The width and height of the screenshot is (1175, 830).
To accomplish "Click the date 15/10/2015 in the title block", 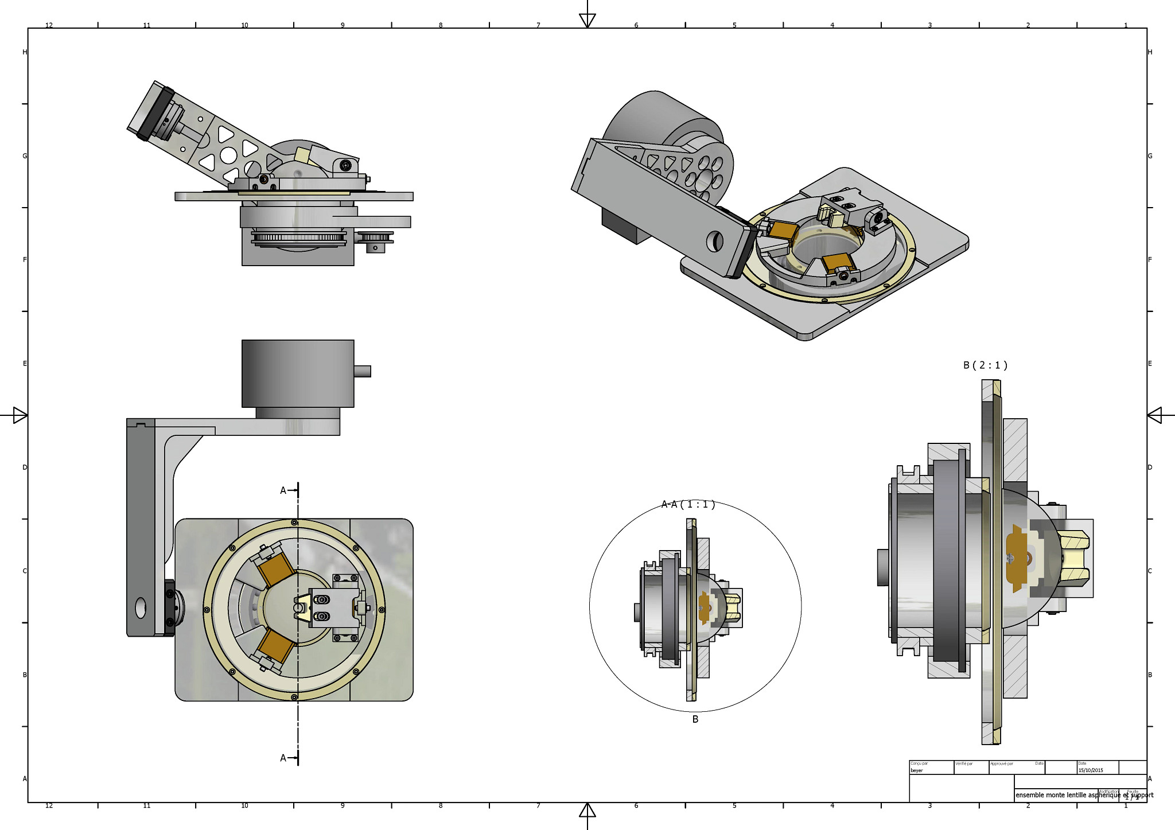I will click(1090, 770).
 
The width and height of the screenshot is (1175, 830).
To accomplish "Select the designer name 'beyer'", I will click(917, 770).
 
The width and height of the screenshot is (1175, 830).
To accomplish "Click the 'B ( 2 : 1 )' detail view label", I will click(985, 365).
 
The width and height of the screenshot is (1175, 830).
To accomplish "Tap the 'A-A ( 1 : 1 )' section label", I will click(688, 505).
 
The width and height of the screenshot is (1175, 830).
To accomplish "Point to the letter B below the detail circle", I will click(695, 719).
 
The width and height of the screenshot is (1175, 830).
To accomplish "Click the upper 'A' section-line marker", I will click(283, 490).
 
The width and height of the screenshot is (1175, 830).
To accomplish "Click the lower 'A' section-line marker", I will click(283, 758).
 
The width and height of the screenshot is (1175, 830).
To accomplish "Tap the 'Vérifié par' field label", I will click(964, 763).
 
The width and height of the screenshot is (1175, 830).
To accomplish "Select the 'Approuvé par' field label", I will click(1002, 763).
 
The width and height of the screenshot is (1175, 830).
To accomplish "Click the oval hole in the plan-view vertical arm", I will click(141, 608).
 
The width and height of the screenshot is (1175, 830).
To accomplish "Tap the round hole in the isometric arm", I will click(714, 241).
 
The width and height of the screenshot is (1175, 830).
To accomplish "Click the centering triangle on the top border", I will click(587, 21).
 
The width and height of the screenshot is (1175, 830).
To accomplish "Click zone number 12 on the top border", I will click(49, 25).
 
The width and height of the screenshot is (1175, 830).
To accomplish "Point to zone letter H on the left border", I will click(25, 52).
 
